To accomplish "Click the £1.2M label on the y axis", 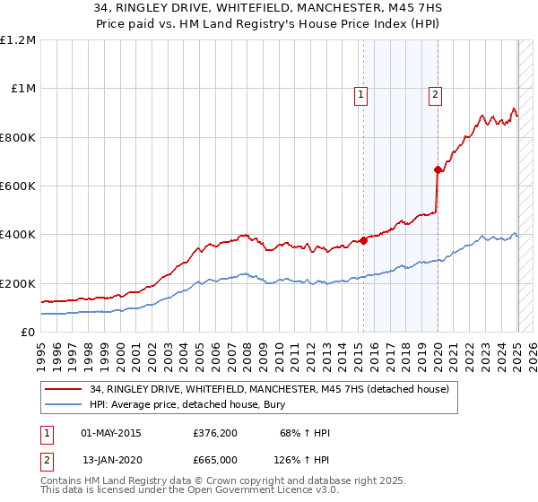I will (18, 40).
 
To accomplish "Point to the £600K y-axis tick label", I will (18, 186).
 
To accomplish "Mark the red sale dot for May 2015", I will (364, 240).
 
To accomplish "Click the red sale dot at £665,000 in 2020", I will (438, 169).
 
